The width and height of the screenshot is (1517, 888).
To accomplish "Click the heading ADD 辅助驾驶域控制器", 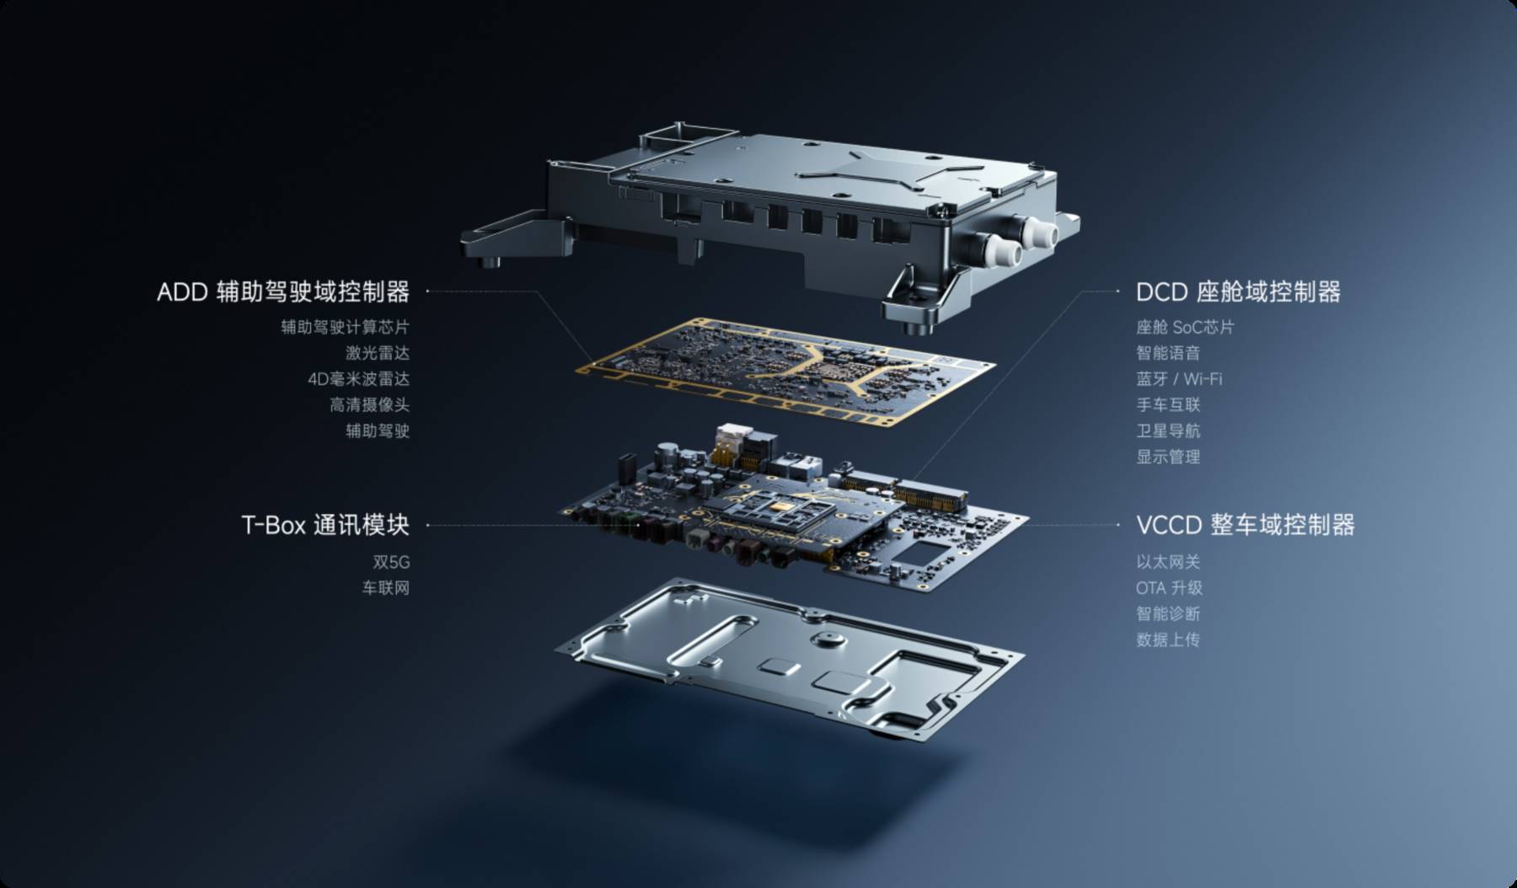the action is pyautogui.click(x=283, y=292).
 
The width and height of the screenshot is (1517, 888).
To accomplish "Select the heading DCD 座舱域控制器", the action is pyautogui.click(x=1238, y=292).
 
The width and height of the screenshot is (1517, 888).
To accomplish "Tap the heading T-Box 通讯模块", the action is pyautogui.click(x=325, y=525).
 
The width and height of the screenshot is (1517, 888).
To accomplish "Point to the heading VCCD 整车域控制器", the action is pyautogui.click(x=1246, y=525).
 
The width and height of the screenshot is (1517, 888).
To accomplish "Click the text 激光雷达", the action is pyautogui.click(x=378, y=353).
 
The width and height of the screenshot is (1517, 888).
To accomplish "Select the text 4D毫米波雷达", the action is pyautogui.click(x=359, y=379).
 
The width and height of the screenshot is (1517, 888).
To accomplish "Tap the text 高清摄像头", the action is pyautogui.click(x=370, y=405).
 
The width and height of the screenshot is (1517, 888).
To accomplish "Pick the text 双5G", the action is pyautogui.click(x=391, y=562).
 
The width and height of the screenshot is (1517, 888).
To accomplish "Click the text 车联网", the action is pyautogui.click(x=386, y=588).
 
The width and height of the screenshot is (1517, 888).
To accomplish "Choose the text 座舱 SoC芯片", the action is pyautogui.click(x=1185, y=327).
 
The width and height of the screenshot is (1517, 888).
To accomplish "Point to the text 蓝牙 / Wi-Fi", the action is pyautogui.click(x=1179, y=379).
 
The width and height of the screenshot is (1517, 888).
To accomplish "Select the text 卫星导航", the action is pyautogui.click(x=1168, y=431).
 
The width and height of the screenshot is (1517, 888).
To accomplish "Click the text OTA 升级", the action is pyautogui.click(x=1169, y=588).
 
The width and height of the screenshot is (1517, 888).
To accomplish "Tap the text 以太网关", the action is pyautogui.click(x=1168, y=562).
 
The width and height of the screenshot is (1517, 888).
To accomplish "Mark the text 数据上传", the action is pyautogui.click(x=1168, y=640).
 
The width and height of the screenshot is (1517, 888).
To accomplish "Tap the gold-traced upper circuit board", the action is pyautogui.click(x=785, y=372).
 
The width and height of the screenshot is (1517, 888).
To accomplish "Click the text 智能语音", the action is pyautogui.click(x=1168, y=353).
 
